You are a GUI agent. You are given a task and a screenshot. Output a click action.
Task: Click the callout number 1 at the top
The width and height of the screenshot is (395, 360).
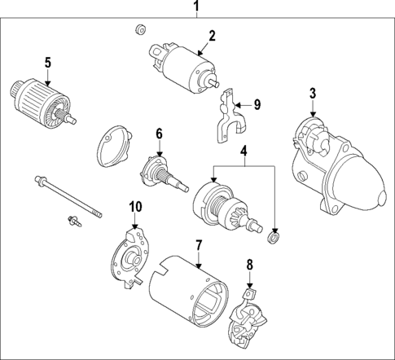pos(195,9)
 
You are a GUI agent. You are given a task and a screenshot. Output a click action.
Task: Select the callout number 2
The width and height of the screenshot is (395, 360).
pos(211,35)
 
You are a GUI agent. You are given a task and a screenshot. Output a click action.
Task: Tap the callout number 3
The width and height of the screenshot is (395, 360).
pos(312,94)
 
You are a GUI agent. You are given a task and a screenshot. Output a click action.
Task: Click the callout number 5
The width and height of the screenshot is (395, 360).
pos(47,61)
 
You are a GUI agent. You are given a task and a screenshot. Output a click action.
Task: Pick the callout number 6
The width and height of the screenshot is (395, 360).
pos(160,134)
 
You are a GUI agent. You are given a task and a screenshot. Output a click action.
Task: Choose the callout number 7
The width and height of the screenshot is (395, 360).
pos(197,244)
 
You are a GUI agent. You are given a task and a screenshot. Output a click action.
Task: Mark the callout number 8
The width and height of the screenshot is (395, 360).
pos(250,264)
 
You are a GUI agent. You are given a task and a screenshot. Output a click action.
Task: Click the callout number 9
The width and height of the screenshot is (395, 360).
pos(257,104)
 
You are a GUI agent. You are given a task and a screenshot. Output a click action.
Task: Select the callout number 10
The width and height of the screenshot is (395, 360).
pos(135,207)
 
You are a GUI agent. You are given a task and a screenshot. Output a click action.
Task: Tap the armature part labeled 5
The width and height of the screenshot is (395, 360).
pos(40,101)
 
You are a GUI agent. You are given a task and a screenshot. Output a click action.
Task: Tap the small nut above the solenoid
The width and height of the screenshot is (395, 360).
pos(139,32)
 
